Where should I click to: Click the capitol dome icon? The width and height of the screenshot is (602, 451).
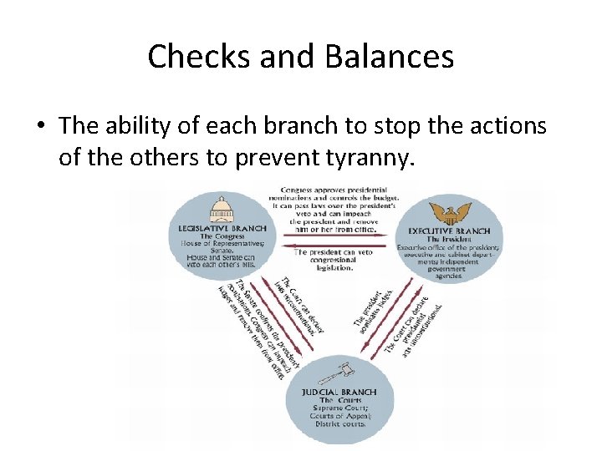point(222,210)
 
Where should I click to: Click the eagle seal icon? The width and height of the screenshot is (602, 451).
point(455,212)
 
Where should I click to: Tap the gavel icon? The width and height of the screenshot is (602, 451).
point(339,372)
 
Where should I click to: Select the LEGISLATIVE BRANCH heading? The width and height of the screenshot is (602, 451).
point(222,228)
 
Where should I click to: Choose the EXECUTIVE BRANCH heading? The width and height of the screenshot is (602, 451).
point(454,230)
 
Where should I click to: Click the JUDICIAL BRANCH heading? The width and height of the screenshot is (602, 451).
point(339,392)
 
